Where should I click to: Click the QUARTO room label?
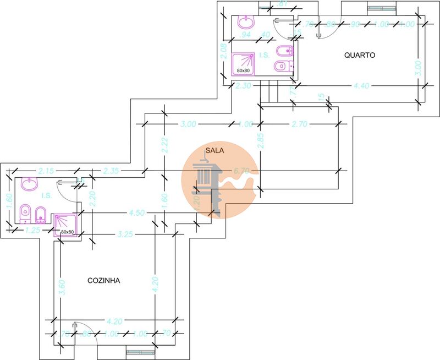pos(360,55)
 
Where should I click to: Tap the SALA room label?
pos(213,150)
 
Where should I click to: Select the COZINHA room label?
pos(104,280)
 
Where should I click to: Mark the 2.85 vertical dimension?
pos(261,141)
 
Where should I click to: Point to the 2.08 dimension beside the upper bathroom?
pos(223,52)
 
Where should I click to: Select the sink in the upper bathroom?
pos(246,23)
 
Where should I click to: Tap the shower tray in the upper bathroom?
pos(244,63)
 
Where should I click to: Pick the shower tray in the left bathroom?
pos(67,225)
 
